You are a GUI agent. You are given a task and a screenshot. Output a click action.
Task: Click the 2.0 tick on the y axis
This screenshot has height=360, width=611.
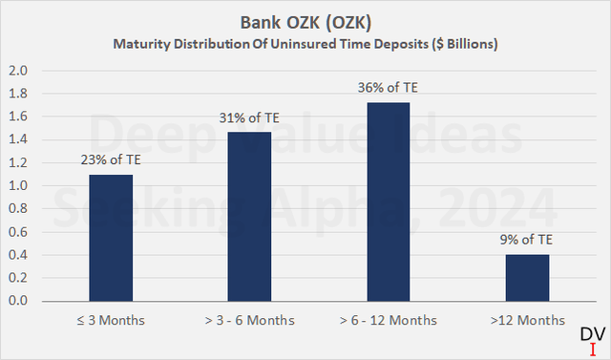click(x=18, y=72)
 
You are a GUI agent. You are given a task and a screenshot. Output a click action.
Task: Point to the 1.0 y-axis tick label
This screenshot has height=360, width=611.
click(x=18, y=186)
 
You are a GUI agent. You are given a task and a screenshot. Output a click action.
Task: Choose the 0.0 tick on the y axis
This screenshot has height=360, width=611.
click(x=18, y=301)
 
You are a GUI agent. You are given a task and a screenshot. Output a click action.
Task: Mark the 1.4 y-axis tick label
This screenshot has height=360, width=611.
click(x=18, y=140)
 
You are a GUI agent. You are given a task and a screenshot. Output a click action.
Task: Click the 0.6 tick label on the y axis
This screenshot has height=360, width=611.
click(x=18, y=232)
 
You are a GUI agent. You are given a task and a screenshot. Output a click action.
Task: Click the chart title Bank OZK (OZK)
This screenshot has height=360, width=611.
click(x=305, y=22)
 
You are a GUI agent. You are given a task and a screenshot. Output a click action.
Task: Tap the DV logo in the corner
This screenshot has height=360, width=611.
click(x=593, y=337)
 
